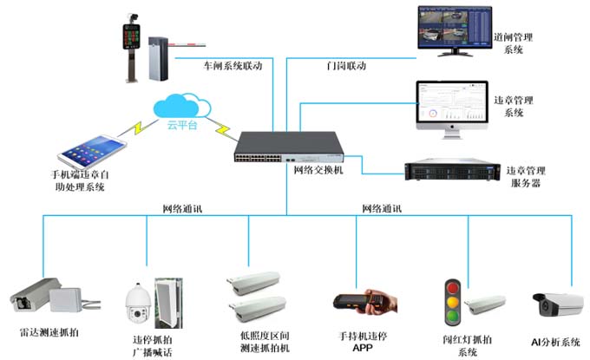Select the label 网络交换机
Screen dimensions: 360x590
(x=313, y=171)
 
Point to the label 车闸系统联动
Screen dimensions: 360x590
(x=232, y=66)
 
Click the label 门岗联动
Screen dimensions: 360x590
(x=346, y=66)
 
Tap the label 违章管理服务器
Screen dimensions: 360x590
(x=529, y=178)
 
